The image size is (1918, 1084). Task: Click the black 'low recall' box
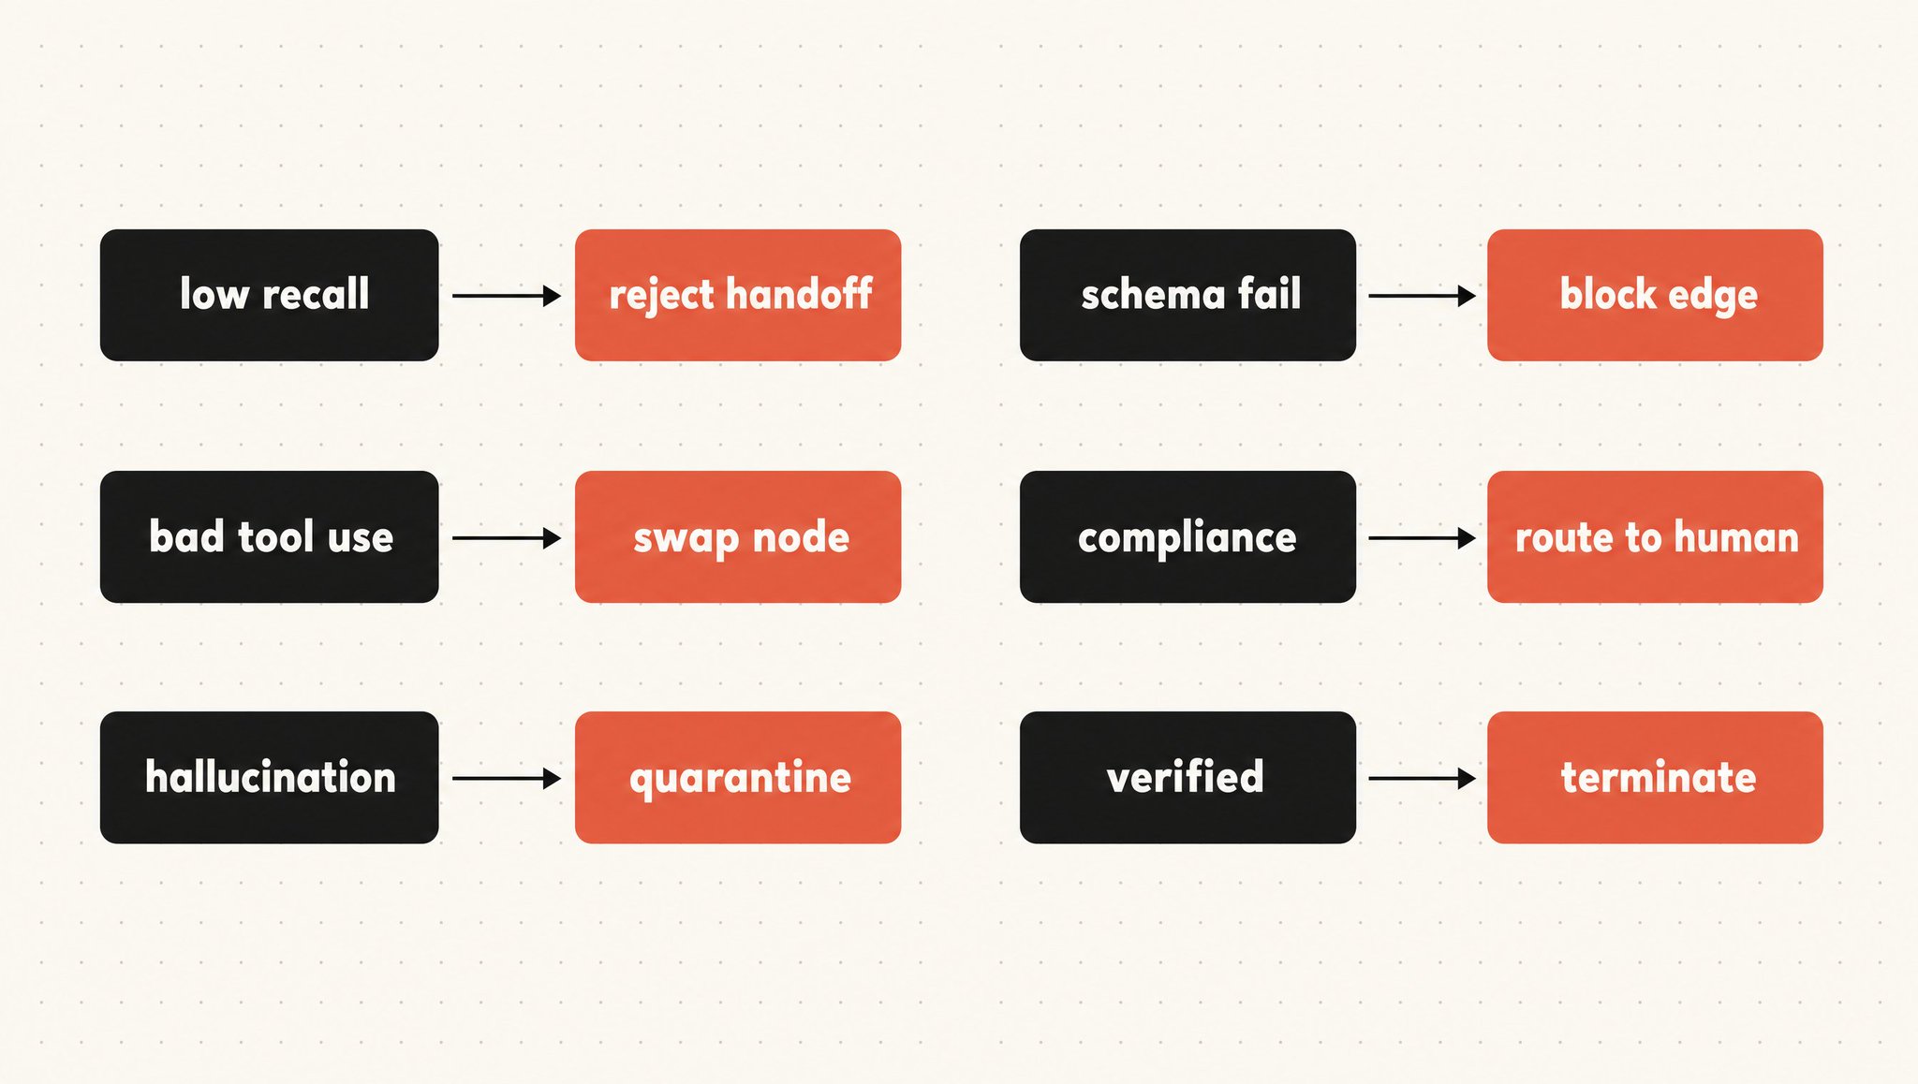coord(270,295)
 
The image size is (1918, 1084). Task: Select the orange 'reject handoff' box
coord(738,295)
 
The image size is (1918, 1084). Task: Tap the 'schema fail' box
coord(1188,295)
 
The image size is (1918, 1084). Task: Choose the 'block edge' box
coord(1655,295)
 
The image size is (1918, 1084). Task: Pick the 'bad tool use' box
coord(270,536)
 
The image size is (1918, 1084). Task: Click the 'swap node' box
coord(738,536)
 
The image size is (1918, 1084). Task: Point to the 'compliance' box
coord(1188,536)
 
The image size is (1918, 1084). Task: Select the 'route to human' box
coord(1655,536)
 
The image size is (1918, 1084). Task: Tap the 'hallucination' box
coord(270,777)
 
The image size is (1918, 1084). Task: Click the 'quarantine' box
coord(738,777)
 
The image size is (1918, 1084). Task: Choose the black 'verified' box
coord(1188,777)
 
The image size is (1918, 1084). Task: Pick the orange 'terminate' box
coord(1655,777)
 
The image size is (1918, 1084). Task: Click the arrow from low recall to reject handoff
coord(507,296)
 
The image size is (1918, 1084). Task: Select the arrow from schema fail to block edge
coord(1423,296)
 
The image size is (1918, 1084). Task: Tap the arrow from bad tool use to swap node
coord(507,538)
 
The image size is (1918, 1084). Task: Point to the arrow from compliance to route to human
coord(1423,538)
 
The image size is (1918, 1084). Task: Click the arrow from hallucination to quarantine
coord(507,778)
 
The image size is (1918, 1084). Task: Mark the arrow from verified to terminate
coord(1423,778)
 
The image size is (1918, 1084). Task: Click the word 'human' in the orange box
coord(1736,537)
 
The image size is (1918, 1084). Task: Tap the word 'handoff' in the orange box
coord(800,294)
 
